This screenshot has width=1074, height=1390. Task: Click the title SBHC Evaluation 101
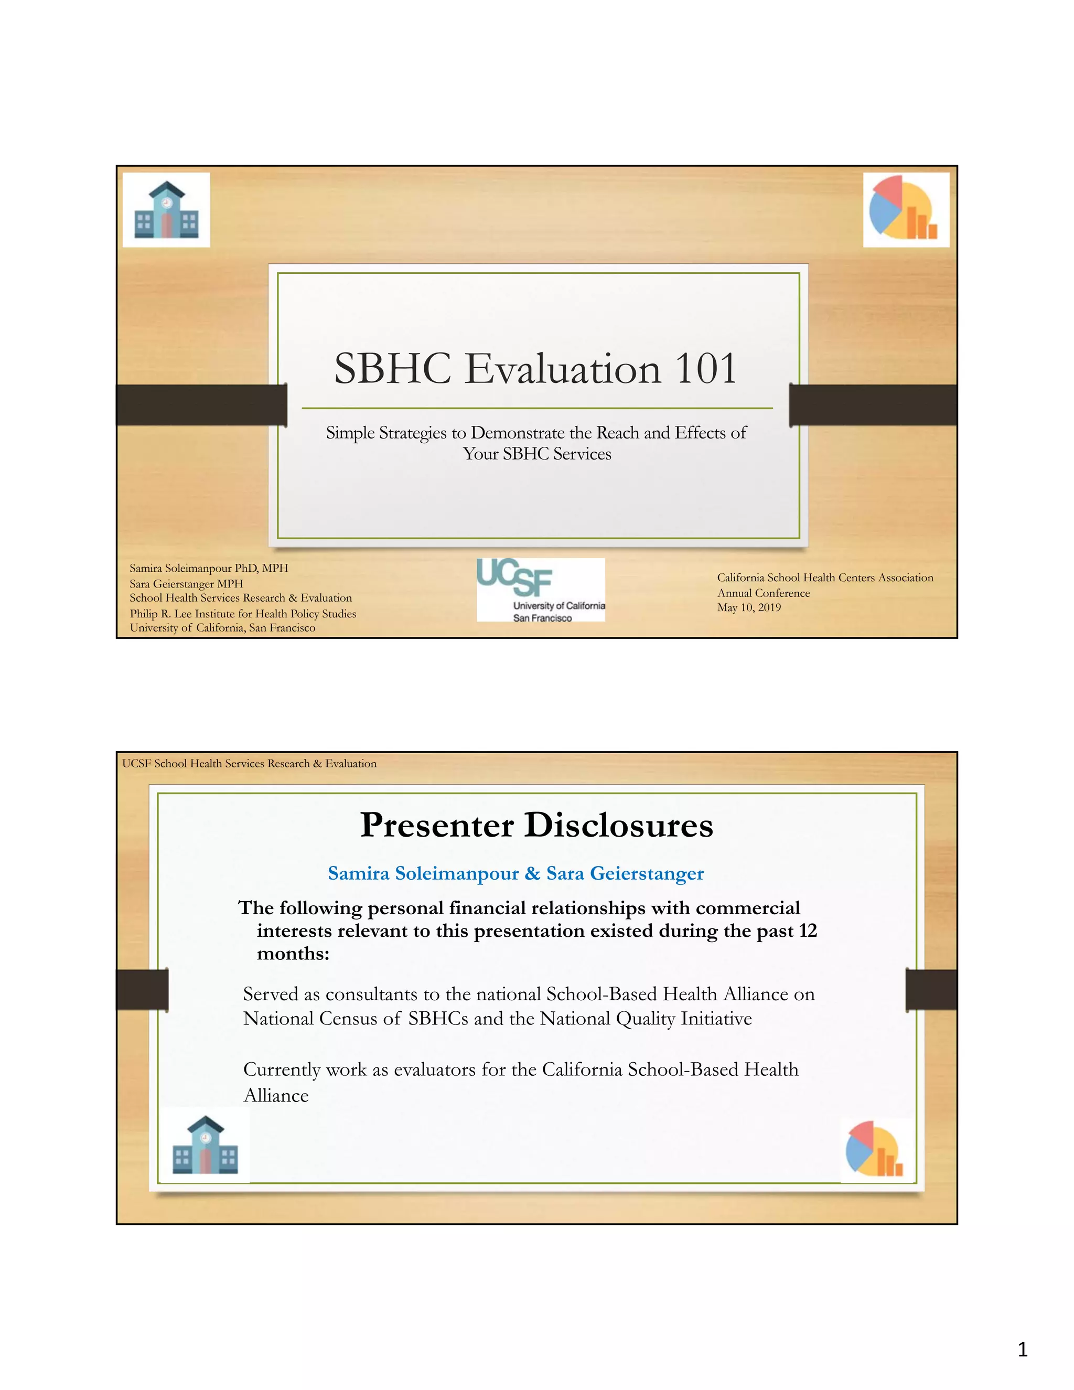tap(536, 369)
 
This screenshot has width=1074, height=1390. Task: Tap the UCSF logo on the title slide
tap(540, 590)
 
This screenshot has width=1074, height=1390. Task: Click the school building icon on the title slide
tap(167, 210)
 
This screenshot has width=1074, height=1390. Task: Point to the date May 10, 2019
tap(749, 607)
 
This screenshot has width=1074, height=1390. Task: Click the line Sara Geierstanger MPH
tap(186, 584)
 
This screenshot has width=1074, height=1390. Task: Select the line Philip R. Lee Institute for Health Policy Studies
tap(242, 614)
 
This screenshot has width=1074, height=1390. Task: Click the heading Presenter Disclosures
tap(536, 825)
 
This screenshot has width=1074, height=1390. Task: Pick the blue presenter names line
tap(515, 873)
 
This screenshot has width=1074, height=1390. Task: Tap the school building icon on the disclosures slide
tap(205, 1145)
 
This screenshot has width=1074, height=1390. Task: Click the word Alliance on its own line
tap(276, 1095)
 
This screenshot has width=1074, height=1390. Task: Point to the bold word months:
tap(293, 954)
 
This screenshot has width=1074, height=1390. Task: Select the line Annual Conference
tap(764, 593)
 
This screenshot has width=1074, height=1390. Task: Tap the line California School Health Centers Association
tap(824, 578)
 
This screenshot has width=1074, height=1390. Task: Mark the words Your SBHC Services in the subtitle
tap(537, 454)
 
